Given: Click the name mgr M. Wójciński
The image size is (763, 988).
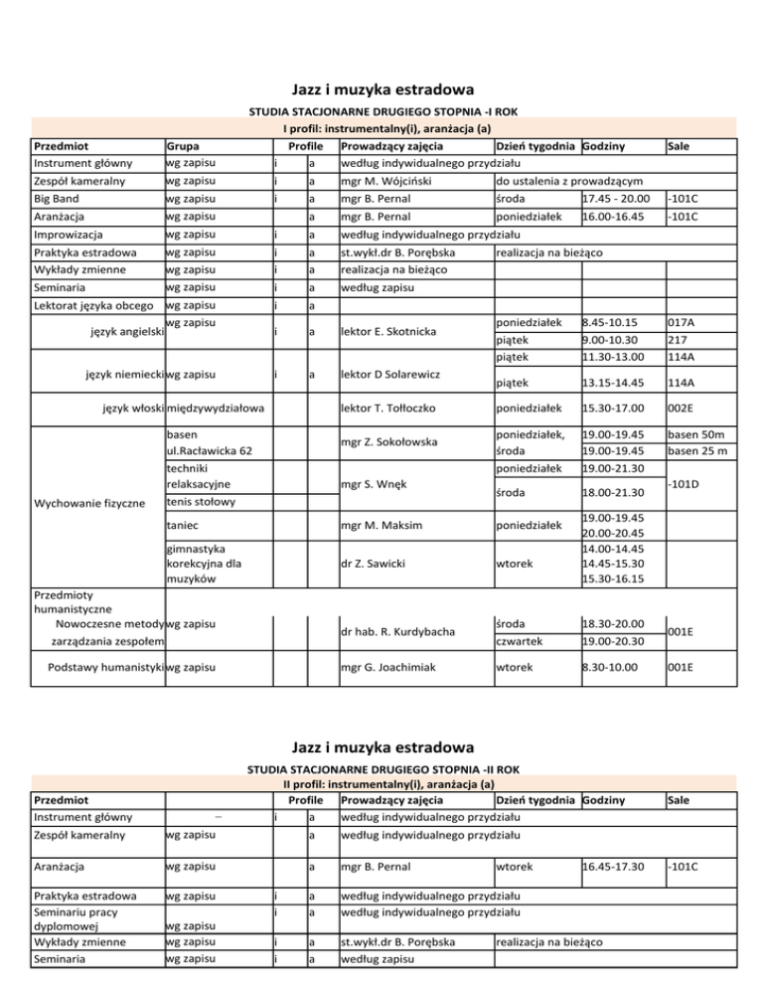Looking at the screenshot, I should pos(386,182).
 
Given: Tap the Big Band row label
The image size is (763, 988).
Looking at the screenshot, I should pos(57,199).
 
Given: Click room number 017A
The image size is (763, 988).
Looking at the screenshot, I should pos(683,322).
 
